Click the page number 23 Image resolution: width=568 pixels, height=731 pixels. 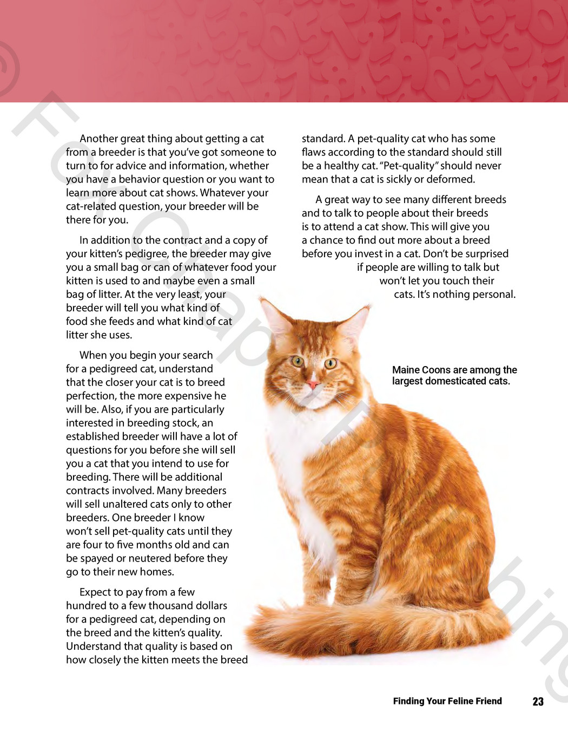coord(538,701)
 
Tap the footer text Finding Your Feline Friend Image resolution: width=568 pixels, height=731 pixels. coord(447,701)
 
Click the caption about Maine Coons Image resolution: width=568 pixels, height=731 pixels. coord(454,375)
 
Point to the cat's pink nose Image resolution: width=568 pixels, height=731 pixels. coord(313,384)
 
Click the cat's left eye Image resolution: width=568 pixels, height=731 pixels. coord(297,361)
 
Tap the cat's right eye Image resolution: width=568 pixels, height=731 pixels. coord(330,363)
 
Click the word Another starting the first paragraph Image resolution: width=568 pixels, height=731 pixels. coord(98,139)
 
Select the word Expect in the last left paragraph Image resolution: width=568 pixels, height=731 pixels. coord(95,592)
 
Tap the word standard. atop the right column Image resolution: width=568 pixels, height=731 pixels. coord(322,139)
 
